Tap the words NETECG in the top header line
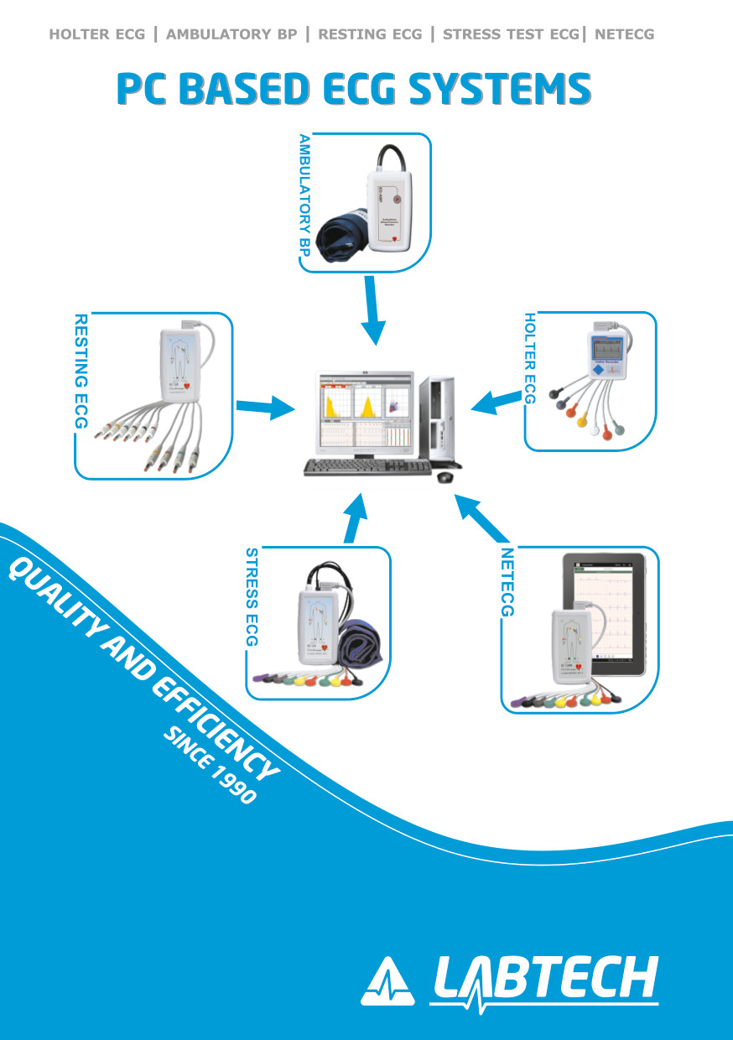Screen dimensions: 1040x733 (624, 34)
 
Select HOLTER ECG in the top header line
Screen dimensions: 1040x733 (96, 34)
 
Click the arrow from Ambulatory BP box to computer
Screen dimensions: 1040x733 (372, 310)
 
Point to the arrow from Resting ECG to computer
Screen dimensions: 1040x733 (266, 408)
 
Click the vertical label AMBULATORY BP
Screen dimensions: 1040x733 (305, 200)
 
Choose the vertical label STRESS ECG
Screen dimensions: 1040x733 (252, 597)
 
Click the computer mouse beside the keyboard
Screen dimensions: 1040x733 (444, 476)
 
